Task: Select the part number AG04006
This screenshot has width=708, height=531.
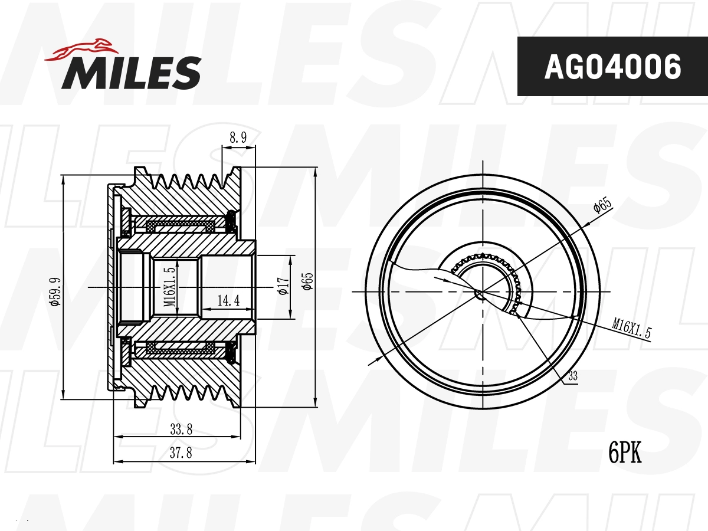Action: click(612, 67)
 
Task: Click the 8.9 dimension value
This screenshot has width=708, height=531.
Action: click(237, 137)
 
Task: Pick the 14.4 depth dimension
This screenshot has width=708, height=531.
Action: click(228, 301)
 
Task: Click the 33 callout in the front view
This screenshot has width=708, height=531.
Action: click(572, 375)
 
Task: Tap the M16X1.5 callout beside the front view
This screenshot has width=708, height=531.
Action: click(631, 328)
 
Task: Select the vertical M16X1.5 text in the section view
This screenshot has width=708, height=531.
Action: click(170, 287)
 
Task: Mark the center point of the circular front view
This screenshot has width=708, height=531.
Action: click(480, 292)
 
